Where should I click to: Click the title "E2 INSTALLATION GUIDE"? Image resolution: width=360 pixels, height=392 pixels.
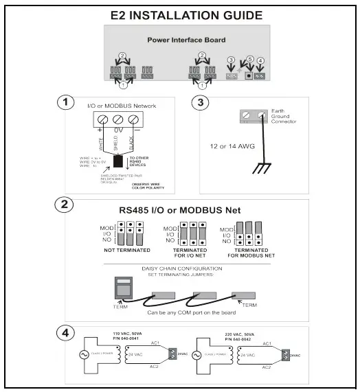[x=186, y=14]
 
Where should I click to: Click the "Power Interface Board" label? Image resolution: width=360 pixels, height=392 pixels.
[x=185, y=41]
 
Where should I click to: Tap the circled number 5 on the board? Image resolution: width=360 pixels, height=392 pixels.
[x=250, y=60]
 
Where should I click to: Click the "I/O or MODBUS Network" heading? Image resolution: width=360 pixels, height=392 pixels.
[x=122, y=106]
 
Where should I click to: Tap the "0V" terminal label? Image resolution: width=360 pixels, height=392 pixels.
[x=117, y=130]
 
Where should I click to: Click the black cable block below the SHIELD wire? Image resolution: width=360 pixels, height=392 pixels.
[x=118, y=163]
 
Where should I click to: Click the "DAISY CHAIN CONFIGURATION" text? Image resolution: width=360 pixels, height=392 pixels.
[x=185, y=268]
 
